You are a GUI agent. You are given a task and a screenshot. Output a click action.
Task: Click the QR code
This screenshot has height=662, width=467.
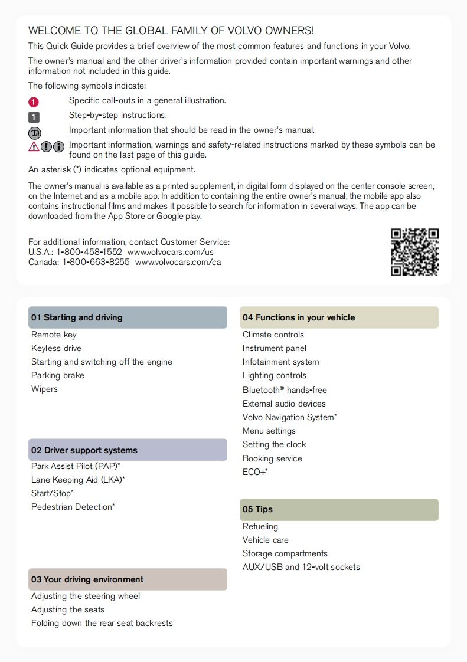click(414, 252)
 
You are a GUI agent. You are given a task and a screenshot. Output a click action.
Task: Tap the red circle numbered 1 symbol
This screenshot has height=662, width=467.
click(34, 101)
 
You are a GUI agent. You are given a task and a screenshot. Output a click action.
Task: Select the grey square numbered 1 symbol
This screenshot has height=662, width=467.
click(34, 116)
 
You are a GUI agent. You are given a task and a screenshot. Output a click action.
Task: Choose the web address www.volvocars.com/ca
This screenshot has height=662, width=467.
click(178, 262)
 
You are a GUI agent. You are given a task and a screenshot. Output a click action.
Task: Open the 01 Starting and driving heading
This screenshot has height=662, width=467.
click(77, 317)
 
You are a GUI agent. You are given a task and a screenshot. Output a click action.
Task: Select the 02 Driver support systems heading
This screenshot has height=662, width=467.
click(84, 450)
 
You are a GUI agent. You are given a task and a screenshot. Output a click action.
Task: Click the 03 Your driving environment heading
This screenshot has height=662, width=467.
click(87, 579)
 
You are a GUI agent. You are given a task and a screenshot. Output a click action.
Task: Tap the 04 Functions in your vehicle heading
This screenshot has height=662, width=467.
click(299, 317)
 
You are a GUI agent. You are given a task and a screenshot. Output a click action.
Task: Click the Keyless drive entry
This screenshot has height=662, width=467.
click(57, 348)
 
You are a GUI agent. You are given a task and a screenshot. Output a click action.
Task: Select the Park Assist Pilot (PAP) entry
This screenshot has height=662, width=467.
click(76, 466)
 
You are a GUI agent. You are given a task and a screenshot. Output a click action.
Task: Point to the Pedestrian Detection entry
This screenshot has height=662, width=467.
click(73, 507)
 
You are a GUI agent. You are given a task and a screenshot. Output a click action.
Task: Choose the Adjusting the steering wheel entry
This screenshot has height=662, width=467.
click(86, 596)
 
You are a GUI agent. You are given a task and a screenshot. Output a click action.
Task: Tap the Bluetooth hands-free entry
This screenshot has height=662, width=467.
click(285, 390)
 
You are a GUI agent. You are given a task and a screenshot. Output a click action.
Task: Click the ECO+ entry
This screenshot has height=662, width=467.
click(255, 472)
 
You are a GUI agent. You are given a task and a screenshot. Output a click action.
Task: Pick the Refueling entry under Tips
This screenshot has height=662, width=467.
click(260, 526)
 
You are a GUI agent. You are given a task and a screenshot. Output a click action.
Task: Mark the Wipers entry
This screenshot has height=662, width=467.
click(45, 389)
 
